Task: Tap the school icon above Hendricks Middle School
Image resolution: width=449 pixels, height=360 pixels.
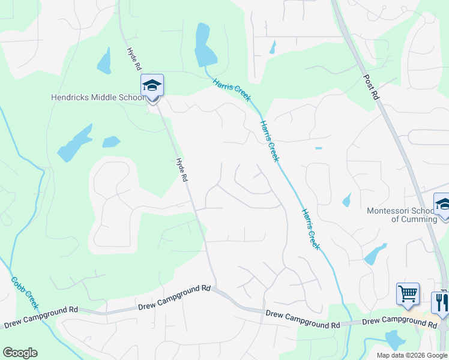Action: tap(152, 85)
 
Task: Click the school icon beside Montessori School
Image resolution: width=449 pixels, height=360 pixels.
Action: tap(442, 206)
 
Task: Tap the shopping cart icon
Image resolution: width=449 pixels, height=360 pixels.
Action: tap(408, 295)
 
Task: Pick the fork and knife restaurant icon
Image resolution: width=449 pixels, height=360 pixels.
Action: tap(441, 303)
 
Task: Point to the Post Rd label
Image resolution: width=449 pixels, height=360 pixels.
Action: tap(372, 87)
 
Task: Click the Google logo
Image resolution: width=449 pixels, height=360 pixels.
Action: tap(20, 353)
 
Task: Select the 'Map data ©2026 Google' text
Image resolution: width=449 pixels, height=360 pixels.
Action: tap(412, 355)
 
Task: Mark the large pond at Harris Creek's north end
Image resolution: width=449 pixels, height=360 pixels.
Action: tap(204, 47)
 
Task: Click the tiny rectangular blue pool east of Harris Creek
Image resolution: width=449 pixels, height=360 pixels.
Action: tap(318, 148)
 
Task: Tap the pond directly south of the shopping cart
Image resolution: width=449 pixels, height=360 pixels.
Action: tap(395, 340)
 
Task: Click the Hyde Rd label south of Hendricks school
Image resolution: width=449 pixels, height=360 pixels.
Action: tap(182, 170)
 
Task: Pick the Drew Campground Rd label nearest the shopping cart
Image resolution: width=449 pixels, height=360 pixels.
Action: tap(399, 322)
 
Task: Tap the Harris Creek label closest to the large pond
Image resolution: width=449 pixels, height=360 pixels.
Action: tap(232, 90)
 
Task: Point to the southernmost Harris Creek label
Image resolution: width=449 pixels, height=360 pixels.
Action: tap(311, 230)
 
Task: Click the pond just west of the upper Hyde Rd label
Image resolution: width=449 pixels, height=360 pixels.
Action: tap(104, 61)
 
